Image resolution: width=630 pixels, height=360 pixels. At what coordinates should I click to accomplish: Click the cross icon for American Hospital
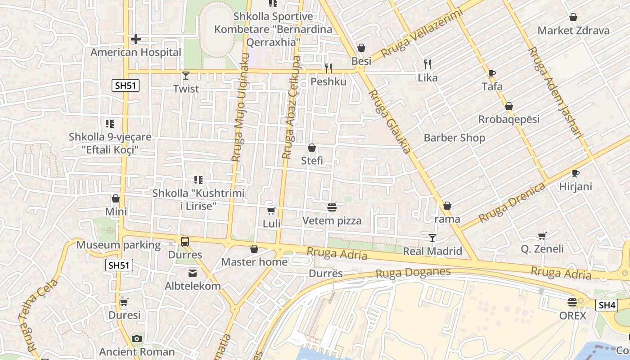tap(136, 39)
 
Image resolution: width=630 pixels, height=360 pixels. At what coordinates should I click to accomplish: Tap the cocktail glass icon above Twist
tap(186, 75)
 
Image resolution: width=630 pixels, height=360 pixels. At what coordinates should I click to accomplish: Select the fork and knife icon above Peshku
tap(328, 68)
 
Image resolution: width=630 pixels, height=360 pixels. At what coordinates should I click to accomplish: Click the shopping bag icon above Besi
tap(361, 48)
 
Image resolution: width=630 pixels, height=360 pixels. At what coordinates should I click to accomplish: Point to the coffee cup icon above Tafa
tap(492, 73)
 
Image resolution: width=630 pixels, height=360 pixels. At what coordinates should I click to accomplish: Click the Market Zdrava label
tap(573, 31)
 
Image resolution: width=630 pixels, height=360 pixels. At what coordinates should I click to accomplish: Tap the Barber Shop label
tap(454, 138)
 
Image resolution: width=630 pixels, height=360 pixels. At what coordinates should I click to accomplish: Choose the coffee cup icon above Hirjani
tap(575, 173)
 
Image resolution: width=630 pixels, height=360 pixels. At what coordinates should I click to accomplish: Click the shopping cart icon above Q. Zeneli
tap(542, 236)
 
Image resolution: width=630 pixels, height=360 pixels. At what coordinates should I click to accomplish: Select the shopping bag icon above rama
tap(447, 206)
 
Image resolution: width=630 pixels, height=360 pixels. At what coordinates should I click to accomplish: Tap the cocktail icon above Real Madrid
tap(432, 238)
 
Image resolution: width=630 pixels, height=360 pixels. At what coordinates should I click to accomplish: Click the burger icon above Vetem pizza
tap(332, 207)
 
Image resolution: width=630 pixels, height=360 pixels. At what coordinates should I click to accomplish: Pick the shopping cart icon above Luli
tap(271, 211)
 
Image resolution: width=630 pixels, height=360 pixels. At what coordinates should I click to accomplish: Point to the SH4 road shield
tap(606, 305)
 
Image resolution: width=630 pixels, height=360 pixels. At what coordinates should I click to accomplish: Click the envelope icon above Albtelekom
tap(193, 273)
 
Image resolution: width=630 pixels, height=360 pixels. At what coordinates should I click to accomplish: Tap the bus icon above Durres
tap(185, 241)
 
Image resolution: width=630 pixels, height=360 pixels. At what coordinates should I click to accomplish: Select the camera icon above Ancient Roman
tap(137, 338)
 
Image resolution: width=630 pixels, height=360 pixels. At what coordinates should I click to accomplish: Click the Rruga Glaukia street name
tap(390, 121)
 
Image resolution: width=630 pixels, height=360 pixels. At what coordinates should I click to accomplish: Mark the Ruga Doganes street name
tap(413, 272)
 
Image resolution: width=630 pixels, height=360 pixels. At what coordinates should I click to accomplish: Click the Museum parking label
tap(118, 245)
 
